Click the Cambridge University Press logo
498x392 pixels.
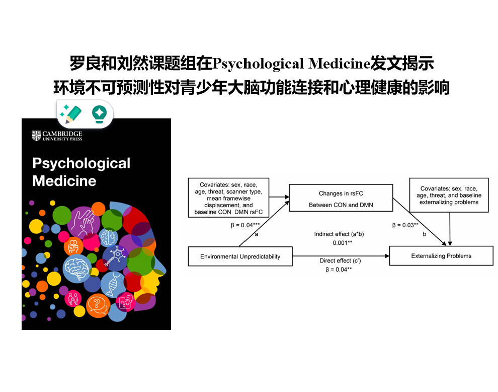(57, 136)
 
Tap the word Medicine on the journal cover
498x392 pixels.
(64, 181)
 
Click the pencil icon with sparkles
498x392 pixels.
(70, 114)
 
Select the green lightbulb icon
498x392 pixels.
(99, 114)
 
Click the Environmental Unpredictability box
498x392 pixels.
(240, 256)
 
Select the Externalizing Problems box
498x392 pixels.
(441, 256)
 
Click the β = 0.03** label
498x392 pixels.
(405, 225)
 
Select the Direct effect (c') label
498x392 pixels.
(342, 260)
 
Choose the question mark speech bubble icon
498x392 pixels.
(98, 305)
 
